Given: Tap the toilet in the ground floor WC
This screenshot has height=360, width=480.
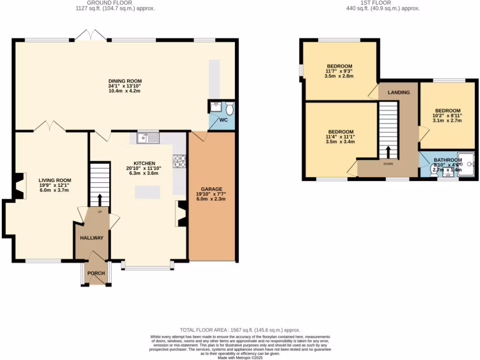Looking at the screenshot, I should point(229,109).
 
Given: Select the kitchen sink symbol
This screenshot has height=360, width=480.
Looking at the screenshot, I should point(148,138).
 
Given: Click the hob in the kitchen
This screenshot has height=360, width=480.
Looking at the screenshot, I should point(180,161).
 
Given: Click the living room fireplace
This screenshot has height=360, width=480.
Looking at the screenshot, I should point(19,186).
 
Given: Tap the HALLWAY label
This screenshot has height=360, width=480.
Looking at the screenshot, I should point(91,238).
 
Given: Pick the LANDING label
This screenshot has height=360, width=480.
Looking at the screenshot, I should point(398,92).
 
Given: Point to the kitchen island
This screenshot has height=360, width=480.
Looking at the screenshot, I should point(147,192).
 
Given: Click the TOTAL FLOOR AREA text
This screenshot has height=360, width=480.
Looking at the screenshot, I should point(240,330).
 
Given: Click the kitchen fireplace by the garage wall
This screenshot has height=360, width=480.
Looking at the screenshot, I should point(181,214).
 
